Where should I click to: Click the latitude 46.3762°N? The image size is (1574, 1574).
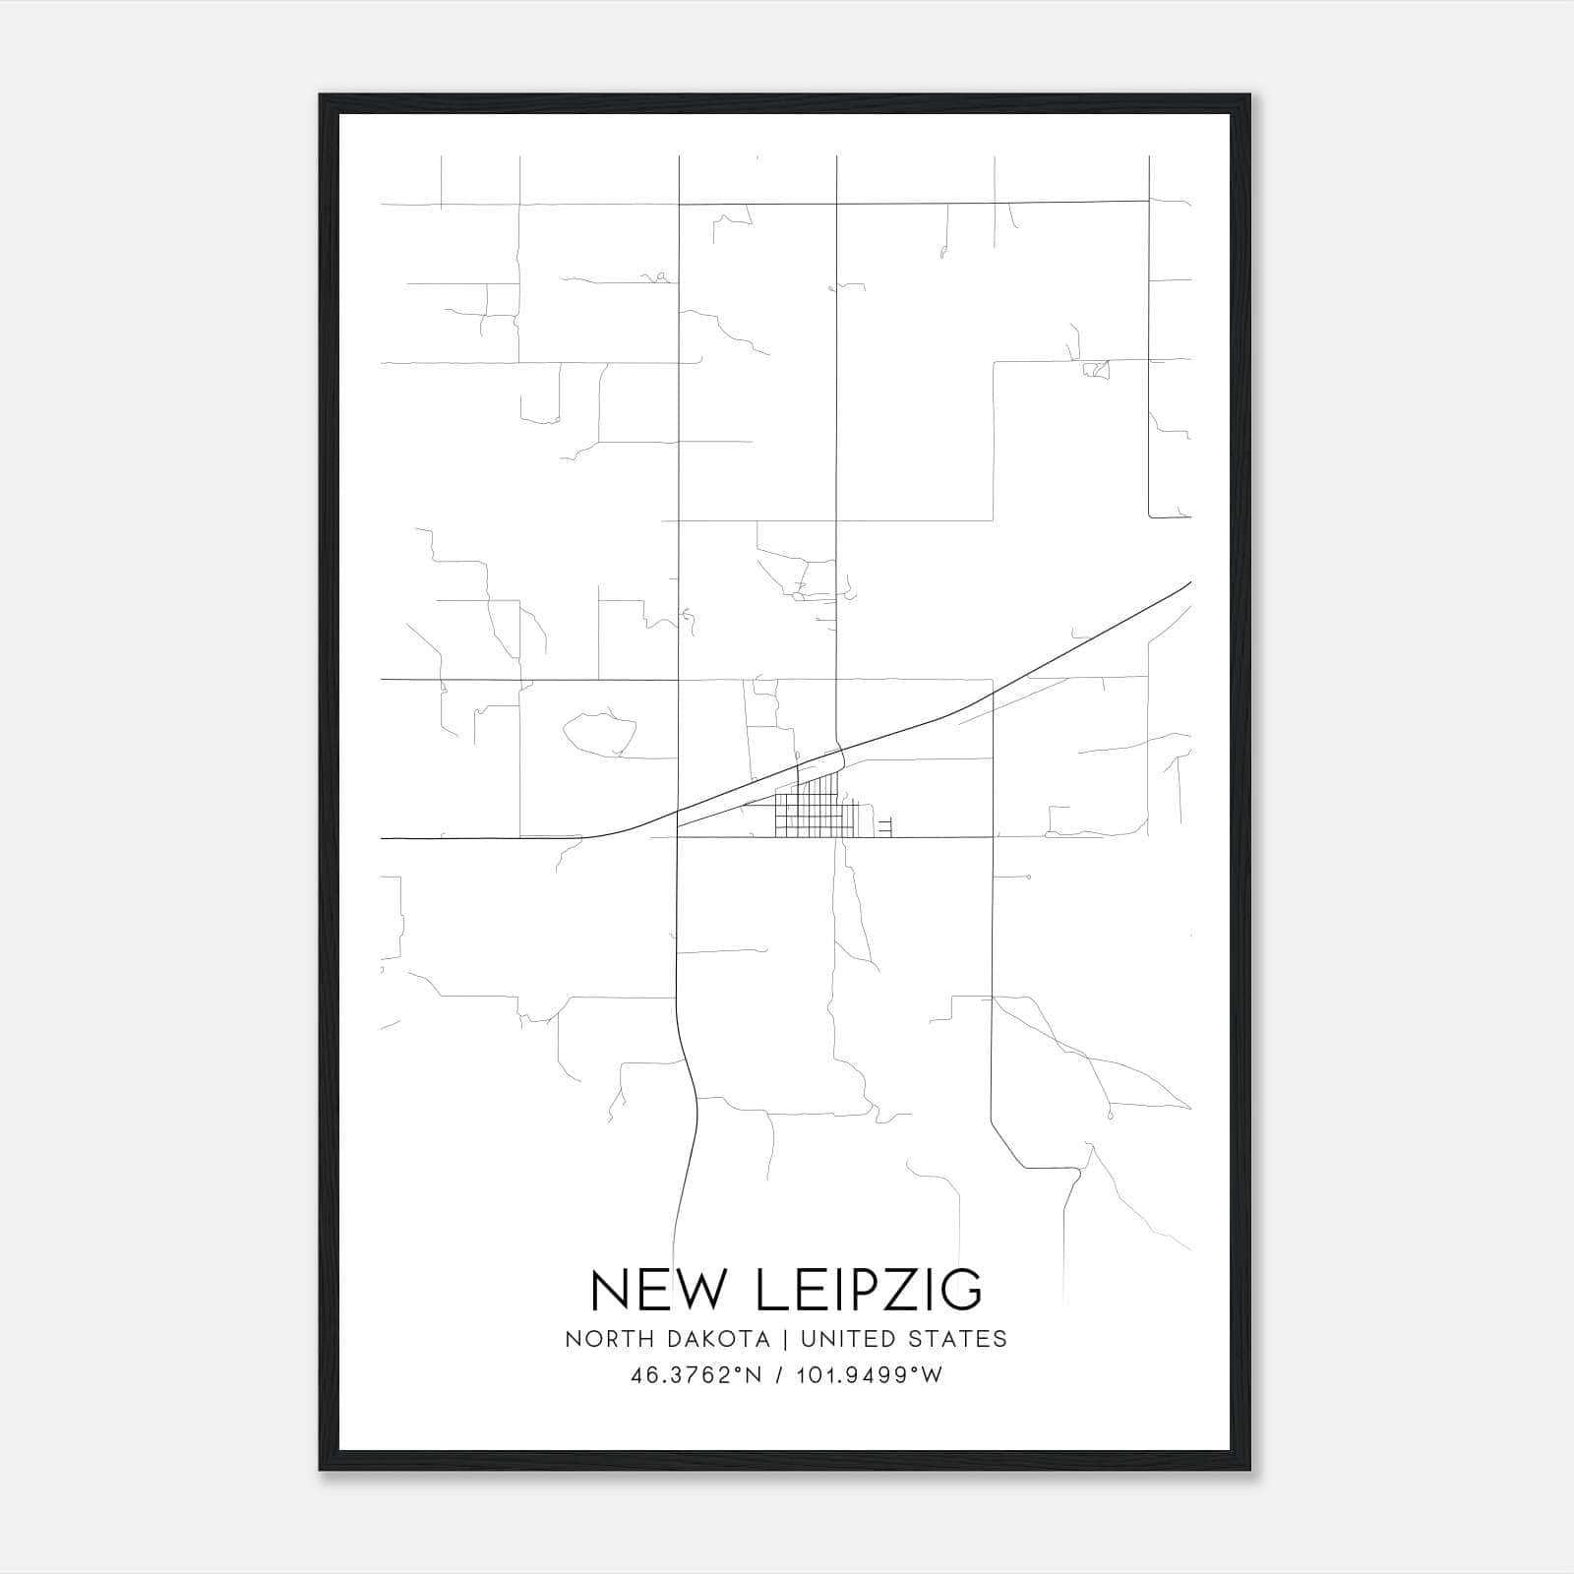pos(696,1375)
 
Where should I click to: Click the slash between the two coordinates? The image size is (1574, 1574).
pos(779,1375)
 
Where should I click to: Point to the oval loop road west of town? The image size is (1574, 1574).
pos(599,733)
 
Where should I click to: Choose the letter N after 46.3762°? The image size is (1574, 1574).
pos(755,1375)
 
